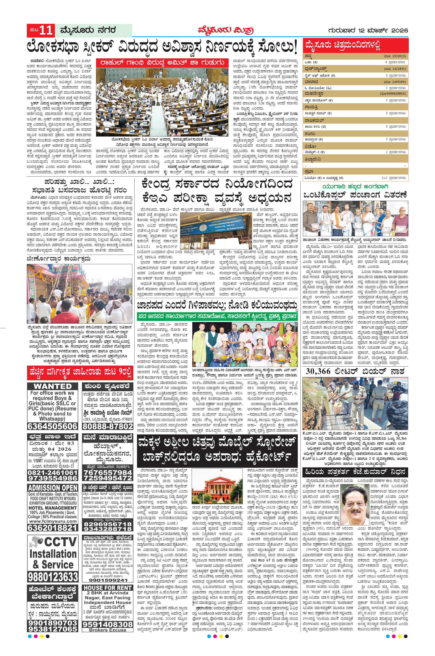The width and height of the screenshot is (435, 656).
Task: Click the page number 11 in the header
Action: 46,30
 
